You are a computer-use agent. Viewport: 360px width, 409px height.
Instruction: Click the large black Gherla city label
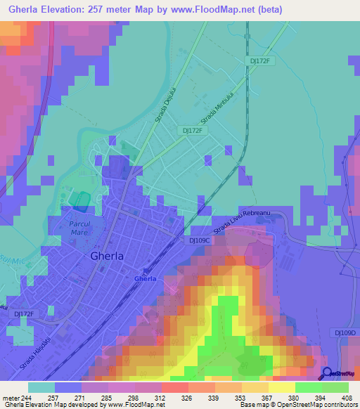point(107,257)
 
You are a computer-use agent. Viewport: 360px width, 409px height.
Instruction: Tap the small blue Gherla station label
point(145,279)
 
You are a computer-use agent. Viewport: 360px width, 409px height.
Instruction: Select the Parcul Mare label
point(84,228)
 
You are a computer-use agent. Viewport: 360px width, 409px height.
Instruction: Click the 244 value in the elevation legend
point(27,398)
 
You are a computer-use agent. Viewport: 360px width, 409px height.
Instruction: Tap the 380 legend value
point(282,398)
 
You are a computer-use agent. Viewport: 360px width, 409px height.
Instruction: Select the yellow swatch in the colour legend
point(282,387)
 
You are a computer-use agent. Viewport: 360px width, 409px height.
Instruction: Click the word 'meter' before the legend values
point(10,398)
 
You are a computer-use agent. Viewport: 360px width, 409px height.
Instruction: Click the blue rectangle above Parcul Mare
point(80,202)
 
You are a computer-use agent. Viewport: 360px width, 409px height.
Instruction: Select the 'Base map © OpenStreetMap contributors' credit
point(299,405)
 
